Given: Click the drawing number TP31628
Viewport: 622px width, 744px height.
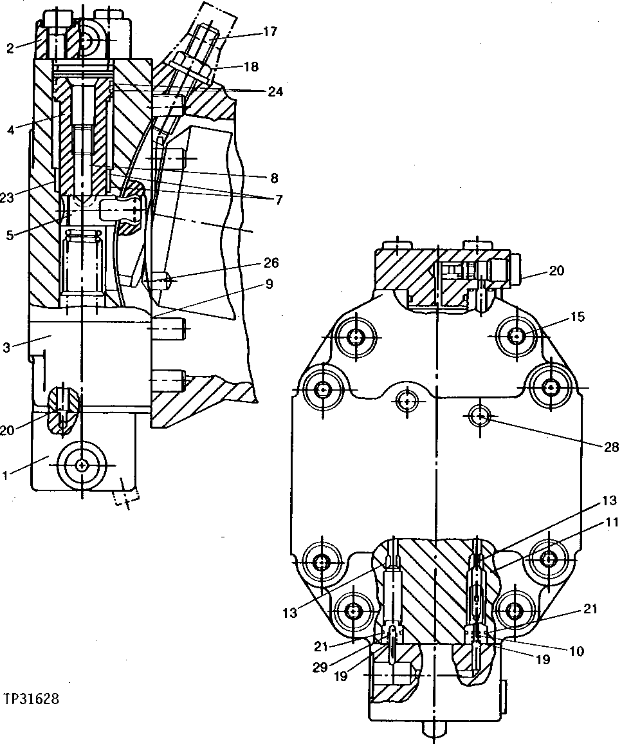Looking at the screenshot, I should (x=32, y=699).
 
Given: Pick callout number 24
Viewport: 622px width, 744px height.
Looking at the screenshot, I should (x=275, y=91).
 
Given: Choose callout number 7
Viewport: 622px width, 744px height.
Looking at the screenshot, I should (x=278, y=200).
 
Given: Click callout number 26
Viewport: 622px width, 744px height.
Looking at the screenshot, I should (x=271, y=262).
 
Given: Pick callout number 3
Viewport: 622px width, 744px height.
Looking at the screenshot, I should (x=6, y=348).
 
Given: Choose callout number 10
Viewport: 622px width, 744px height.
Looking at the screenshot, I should (x=576, y=651).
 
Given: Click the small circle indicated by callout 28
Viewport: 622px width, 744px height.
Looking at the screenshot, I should (x=480, y=417).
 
